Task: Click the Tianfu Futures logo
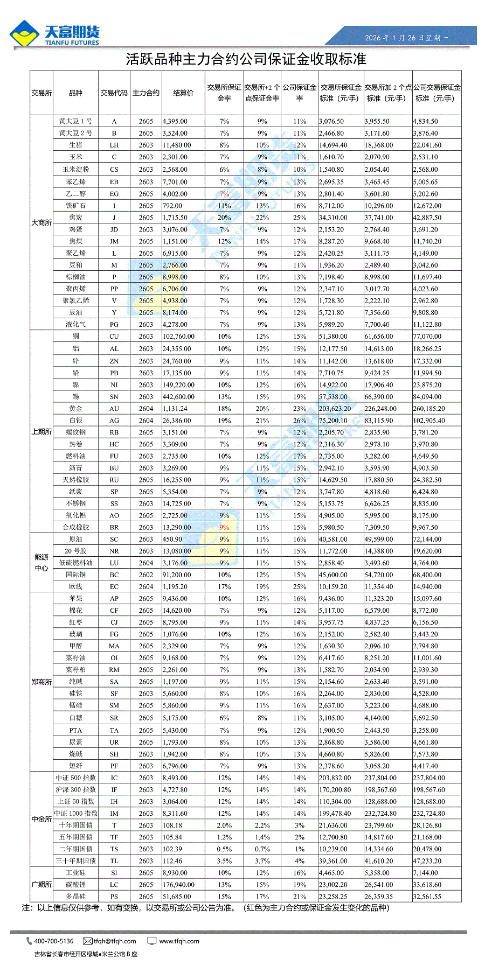click(x=54, y=34)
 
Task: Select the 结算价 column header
click(x=183, y=93)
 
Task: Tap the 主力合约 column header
click(x=145, y=93)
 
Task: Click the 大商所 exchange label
click(x=41, y=222)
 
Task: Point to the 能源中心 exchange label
click(x=41, y=563)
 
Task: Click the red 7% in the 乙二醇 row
click(x=224, y=194)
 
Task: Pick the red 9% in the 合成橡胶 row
click(x=224, y=527)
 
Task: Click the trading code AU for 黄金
click(x=114, y=409)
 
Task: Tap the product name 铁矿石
click(x=75, y=206)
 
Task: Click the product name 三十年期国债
click(x=75, y=861)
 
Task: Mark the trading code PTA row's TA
click(x=114, y=731)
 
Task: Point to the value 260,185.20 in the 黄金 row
click(x=429, y=409)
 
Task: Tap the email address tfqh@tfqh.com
click(x=115, y=941)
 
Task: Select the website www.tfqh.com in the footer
click(x=179, y=941)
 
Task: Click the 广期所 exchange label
click(x=41, y=885)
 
